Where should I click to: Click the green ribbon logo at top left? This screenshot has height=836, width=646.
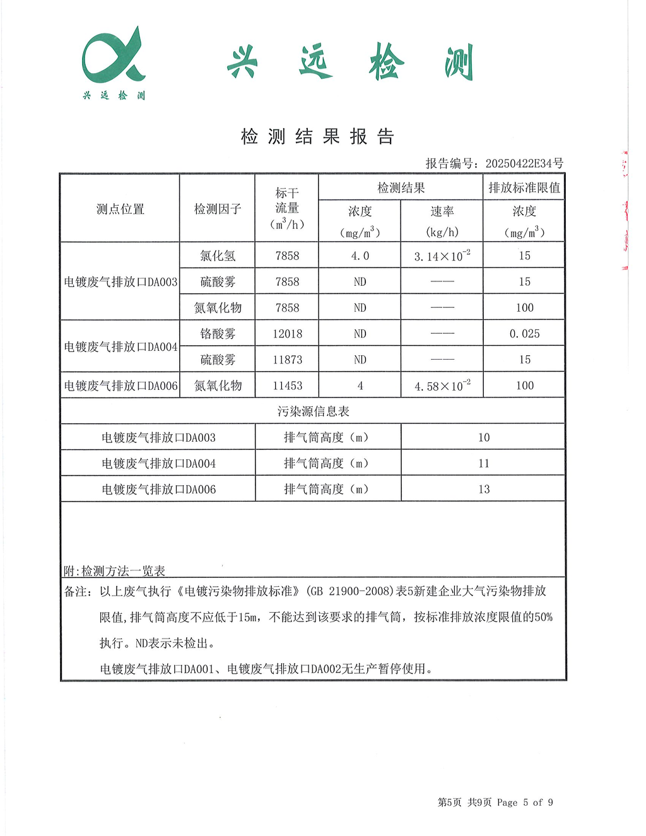coord(114,57)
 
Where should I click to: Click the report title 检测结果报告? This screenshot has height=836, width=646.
coord(317,136)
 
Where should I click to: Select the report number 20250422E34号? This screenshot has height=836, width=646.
coord(524,163)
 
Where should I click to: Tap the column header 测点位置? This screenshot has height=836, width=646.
coord(120,209)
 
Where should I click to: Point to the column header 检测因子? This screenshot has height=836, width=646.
coord(218,209)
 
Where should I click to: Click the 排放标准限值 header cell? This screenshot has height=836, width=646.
coord(524,187)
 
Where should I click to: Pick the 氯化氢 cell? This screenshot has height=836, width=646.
coord(218,256)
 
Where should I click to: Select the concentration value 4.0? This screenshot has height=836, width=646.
coord(360,256)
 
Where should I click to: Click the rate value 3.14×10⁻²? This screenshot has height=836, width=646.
coord(442,256)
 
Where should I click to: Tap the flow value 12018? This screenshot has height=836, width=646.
coord(287,334)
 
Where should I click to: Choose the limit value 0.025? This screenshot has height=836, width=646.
coord(524,334)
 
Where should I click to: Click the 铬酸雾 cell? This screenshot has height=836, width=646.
coord(218,334)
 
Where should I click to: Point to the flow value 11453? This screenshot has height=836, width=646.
coord(287,386)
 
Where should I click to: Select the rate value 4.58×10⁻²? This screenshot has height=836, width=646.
coord(442,386)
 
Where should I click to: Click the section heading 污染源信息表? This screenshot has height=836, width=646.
coord(313,411)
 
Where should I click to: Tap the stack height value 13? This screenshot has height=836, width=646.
coord(484,489)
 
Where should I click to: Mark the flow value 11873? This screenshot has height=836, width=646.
coord(287,360)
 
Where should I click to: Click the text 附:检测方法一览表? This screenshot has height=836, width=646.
coord(114,571)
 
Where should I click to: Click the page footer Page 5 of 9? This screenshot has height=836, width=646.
coord(525,803)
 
